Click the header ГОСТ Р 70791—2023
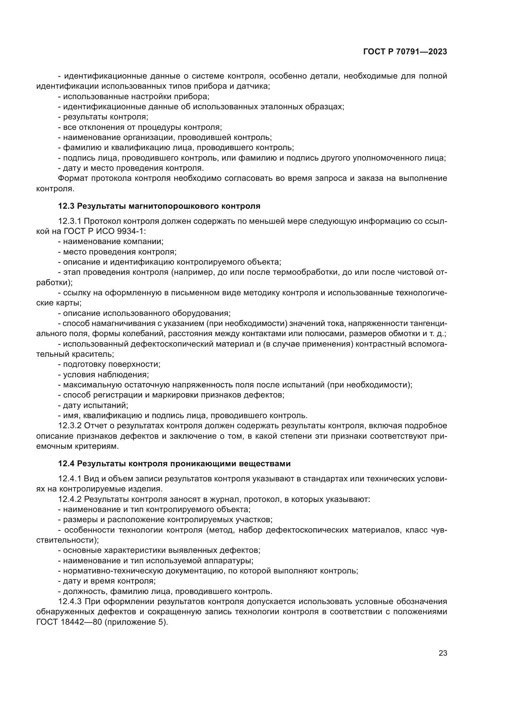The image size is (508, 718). (405, 52)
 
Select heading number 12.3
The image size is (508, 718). (66, 206)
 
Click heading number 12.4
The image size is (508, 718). (66, 464)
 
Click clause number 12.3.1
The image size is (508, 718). (69, 221)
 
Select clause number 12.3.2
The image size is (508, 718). (69, 425)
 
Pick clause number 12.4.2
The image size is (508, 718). (69, 499)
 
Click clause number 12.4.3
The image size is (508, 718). (69, 601)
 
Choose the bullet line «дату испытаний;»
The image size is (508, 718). (93, 405)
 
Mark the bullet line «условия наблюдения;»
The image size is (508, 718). (104, 375)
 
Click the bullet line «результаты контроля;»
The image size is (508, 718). (103, 117)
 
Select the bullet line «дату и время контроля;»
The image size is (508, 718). (107, 581)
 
